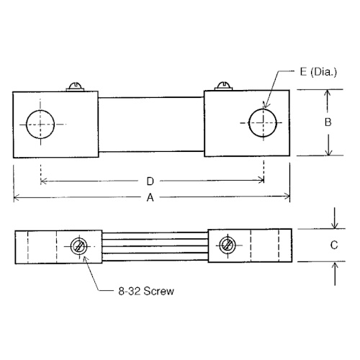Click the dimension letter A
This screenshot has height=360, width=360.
pyautogui.click(x=150, y=202)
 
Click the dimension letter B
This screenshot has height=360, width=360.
pyautogui.click(x=327, y=122)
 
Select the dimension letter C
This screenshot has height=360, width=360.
pyautogui.click(x=333, y=245)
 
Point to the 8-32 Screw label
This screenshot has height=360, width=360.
pyautogui.click(x=146, y=293)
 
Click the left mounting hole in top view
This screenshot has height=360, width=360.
pyautogui.click(x=40, y=124)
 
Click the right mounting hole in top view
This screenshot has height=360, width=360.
pyautogui.click(x=263, y=123)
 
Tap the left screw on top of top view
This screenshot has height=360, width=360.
pyautogui.click(x=76, y=86)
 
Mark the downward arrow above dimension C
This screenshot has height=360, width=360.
pyautogui.click(x=333, y=222)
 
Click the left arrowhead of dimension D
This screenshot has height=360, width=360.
pyautogui.click(x=44, y=179)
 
